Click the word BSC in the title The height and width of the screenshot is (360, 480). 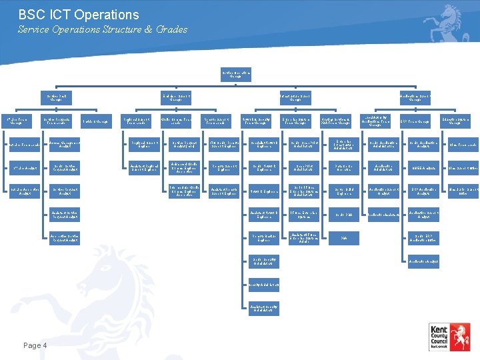pos(32,15)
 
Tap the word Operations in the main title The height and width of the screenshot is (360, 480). pos(106,15)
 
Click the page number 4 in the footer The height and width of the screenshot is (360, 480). pos(44,345)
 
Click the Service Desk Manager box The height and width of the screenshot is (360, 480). pos(58,98)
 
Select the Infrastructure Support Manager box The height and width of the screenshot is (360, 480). pos(296,98)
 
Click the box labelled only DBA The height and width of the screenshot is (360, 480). pos(344,238)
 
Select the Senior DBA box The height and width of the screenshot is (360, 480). pos(344,215)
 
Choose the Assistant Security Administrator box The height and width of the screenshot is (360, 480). pos(264,307)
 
